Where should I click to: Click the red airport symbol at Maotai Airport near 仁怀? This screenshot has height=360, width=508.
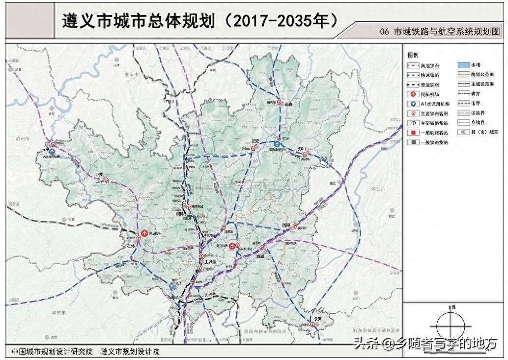pyautogui.click(x=144, y=233)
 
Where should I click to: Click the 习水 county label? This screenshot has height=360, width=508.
pyautogui.click(x=99, y=174)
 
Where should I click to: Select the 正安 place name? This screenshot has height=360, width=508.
pyautogui.click(x=255, y=141)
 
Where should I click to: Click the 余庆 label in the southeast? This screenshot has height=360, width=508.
pyautogui.click(x=319, y=319)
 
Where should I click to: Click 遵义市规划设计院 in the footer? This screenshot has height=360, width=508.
pyautogui.click(x=130, y=352)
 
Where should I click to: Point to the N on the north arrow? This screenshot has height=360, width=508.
pyautogui.click(x=454, y=307)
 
